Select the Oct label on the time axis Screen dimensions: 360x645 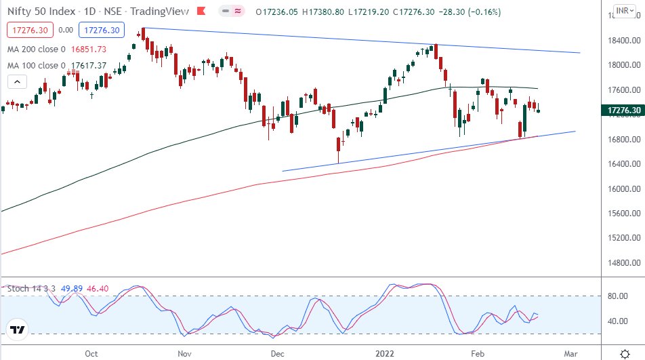pyautogui.click(x=91, y=353)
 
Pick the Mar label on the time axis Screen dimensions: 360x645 pyautogui.click(x=570, y=353)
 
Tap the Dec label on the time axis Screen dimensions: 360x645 pyautogui.click(x=276, y=353)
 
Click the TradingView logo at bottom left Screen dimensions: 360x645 pyautogui.click(x=18, y=330)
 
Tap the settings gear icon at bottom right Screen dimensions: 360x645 pyautogui.click(x=624, y=353)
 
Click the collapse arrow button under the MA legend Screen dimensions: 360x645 pyautogui.click(x=18, y=82)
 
